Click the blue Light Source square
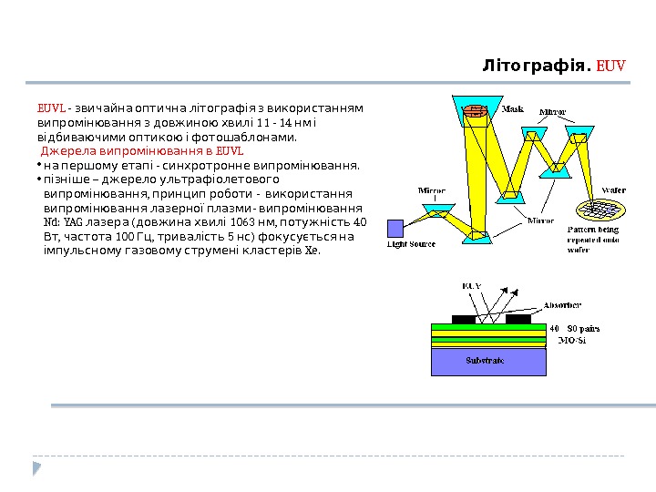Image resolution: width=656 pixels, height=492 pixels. click(x=395, y=228)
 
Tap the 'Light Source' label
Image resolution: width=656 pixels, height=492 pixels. click(x=412, y=244)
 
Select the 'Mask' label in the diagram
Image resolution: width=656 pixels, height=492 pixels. click(x=513, y=108)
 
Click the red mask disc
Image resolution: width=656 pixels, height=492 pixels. click(x=474, y=111)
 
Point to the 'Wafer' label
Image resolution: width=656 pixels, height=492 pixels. click(x=613, y=191)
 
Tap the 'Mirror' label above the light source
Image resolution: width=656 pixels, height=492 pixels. click(x=432, y=191)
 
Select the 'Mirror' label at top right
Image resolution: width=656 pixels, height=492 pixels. click(x=552, y=112)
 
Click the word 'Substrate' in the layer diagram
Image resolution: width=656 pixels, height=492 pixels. click(x=485, y=361)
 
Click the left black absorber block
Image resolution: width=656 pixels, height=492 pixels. click(x=464, y=319)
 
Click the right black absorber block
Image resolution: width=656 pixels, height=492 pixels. click(x=518, y=319)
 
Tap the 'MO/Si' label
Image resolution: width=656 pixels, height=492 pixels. click(x=571, y=341)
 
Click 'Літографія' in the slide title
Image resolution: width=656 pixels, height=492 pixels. click(x=536, y=66)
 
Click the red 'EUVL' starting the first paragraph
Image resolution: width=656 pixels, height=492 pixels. click(x=50, y=108)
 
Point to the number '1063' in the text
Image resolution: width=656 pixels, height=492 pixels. click(x=244, y=221)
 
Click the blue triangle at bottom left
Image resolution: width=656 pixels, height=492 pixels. click(x=37, y=468)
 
